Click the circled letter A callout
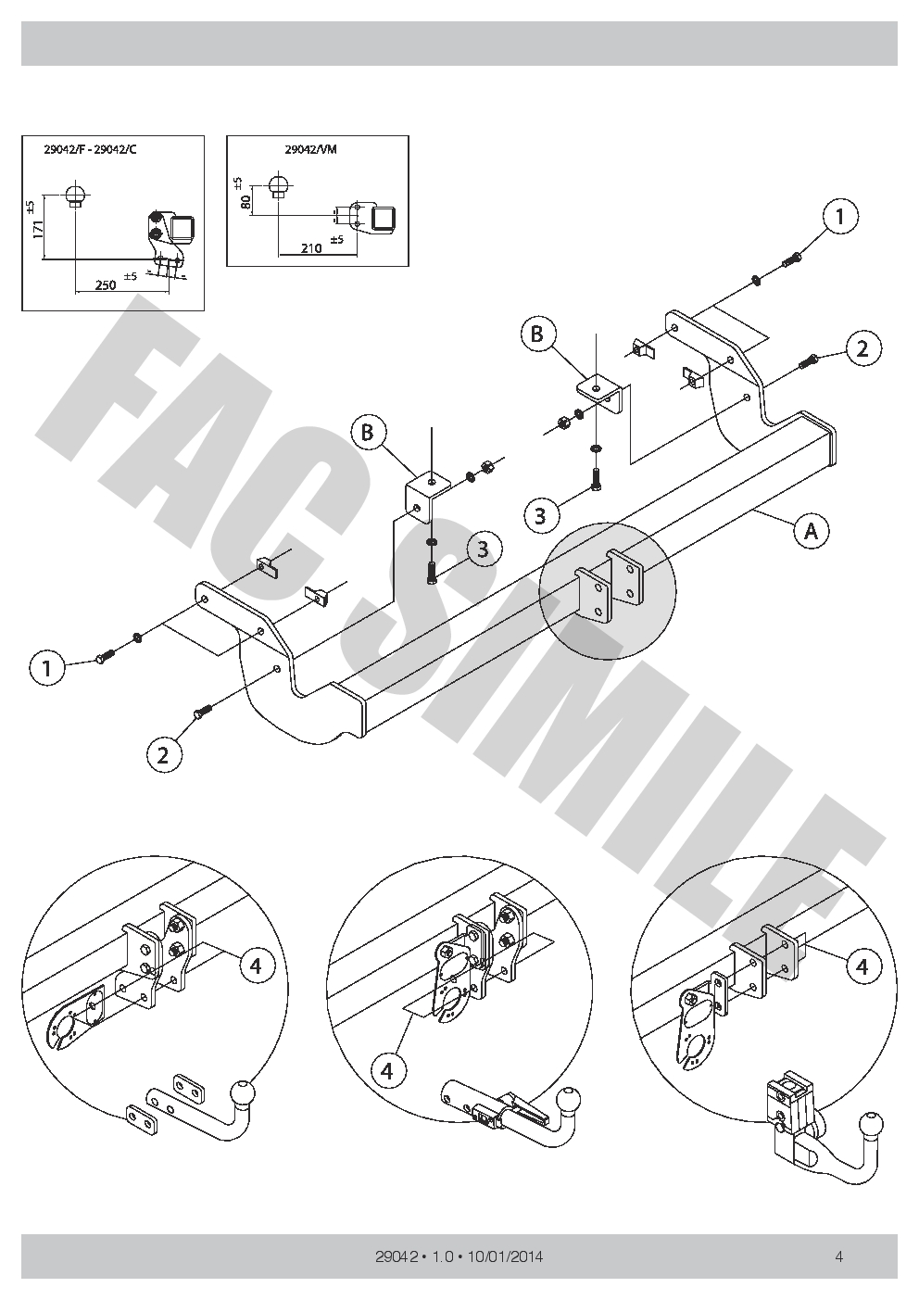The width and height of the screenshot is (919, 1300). [811, 531]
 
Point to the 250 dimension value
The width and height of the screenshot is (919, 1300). [106, 284]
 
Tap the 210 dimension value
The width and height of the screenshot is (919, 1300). [310, 247]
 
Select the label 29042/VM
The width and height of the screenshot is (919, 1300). [310, 148]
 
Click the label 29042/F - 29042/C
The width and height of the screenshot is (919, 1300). [90, 149]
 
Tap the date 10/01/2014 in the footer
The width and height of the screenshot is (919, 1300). [506, 1257]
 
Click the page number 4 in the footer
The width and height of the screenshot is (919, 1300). [838, 1257]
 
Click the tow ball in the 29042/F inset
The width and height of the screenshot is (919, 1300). [76, 196]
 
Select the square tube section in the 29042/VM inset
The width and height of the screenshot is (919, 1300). [384, 218]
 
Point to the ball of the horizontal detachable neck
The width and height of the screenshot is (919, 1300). [567, 1100]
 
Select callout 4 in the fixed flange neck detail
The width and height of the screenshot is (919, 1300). [257, 966]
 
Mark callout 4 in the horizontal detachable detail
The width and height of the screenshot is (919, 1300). [387, 1071]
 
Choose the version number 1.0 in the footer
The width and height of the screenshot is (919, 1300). [440, 1257]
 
